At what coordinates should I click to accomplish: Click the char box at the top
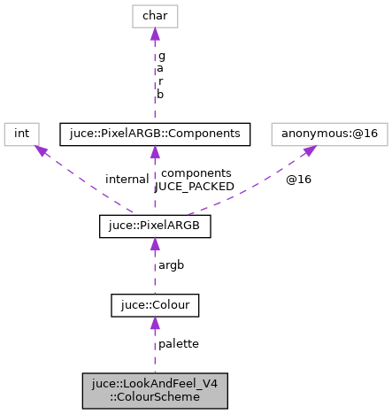pos(155,16)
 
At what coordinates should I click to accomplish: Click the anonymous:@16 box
pos(317,134)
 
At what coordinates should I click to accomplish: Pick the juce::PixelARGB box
pos(155,226)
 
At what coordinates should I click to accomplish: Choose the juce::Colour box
pos(155,305)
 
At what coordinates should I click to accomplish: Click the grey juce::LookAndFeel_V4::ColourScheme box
pos(155,390)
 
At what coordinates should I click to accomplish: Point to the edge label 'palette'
pos(178,343)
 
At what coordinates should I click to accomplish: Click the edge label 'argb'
pos(171,264)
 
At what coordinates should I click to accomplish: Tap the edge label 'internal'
pos(127,179)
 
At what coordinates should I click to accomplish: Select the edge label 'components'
pos(196,173)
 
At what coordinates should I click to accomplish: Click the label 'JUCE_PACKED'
pos(195,187)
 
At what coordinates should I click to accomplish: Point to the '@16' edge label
pos(298,179)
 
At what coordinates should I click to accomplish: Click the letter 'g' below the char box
pos(161,55)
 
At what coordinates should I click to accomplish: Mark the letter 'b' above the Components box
pos(161,93)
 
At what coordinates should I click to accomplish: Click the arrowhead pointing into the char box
pos(155,34)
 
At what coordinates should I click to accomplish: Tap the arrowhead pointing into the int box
pos(39,150)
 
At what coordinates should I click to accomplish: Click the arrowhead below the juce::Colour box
pos(155,324)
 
